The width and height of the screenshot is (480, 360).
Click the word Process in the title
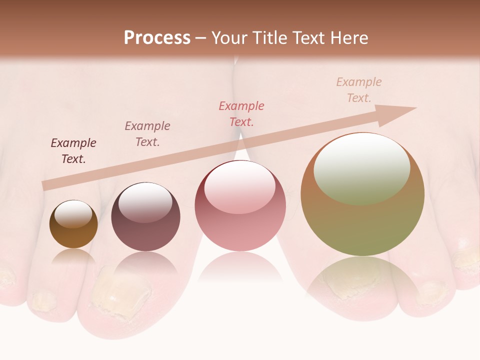(157, 38)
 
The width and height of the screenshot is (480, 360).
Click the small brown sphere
(73, 224)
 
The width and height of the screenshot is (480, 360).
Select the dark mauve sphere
(145, 217)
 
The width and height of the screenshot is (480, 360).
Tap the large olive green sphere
(362, 194)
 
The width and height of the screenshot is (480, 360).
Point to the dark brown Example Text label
(73, 151)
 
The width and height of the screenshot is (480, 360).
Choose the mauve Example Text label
(147, 134)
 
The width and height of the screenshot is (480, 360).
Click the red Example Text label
(241, 113)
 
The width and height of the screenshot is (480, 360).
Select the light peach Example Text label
(359, 90)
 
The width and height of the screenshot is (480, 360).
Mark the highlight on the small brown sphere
(76, 214)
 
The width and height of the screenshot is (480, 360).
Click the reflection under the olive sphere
(362, 280)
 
